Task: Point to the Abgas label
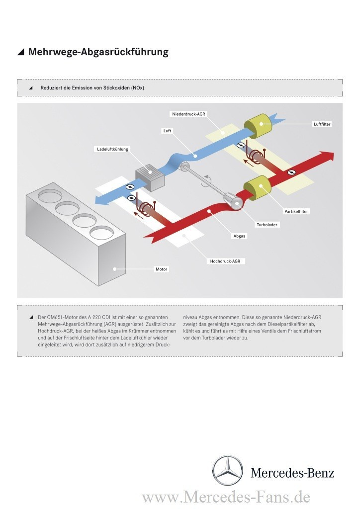[x=240, y=236]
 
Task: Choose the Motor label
[x=162, y=269]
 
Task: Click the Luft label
[x=167, y=131]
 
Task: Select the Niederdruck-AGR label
[x=189, y=114]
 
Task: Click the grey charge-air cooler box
[x=150, y=177]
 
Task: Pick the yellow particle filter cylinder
[x=257, y=188]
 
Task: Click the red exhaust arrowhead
[x=327, y=157]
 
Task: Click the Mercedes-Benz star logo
[x=228, y=470]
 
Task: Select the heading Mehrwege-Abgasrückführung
[x=98, y=52]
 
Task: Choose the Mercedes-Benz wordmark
[x=292, y=473]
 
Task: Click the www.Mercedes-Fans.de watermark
[x=226, y=497]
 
